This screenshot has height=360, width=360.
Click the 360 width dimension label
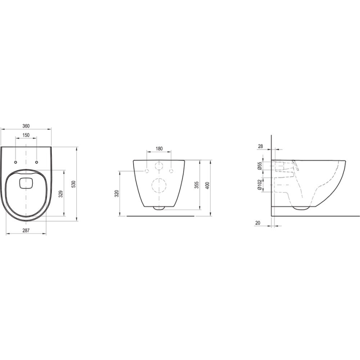pos(26,126)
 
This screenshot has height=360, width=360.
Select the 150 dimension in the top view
pos(26,135)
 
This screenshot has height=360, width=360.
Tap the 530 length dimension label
pos(74,184)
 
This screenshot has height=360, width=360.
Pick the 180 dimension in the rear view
pos(159,148)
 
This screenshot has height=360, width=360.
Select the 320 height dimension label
pos(117,194)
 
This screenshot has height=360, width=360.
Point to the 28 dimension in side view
pos(260,146)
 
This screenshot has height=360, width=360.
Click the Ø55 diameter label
pos(259,166)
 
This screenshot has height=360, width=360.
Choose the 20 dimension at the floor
pos(258,223)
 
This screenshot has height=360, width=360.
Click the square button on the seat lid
pos(26,182)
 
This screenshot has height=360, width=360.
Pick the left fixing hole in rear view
pos(147,171)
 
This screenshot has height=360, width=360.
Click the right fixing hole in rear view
pos(171,171)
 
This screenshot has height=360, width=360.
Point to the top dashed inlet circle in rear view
pos(159,166)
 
